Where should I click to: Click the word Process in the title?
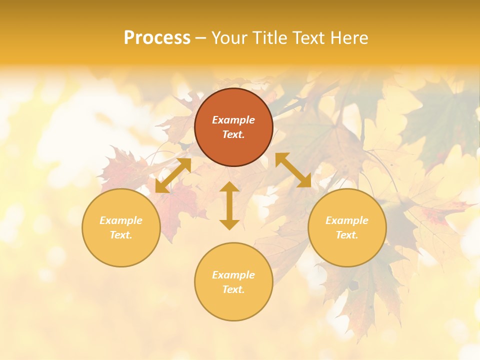click(157, 38)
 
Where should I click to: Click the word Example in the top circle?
click(233, 120)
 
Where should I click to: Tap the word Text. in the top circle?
click(233, 134)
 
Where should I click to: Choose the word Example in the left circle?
click(121, 220)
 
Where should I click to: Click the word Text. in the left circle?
click(121, 235)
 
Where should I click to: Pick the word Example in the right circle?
click(347, 220)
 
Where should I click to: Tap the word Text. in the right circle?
click(347, 235)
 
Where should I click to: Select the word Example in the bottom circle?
click(233, 275)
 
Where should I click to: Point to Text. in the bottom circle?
click(233, 289)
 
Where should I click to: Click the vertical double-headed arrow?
click(229, 205)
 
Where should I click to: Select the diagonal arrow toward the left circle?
click(173, 175)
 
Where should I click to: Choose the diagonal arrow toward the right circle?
click(293, 170)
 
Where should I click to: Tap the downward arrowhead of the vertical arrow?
click(229, 224)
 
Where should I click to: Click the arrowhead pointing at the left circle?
click(160, 188)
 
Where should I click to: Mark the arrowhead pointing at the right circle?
click(306, 183)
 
